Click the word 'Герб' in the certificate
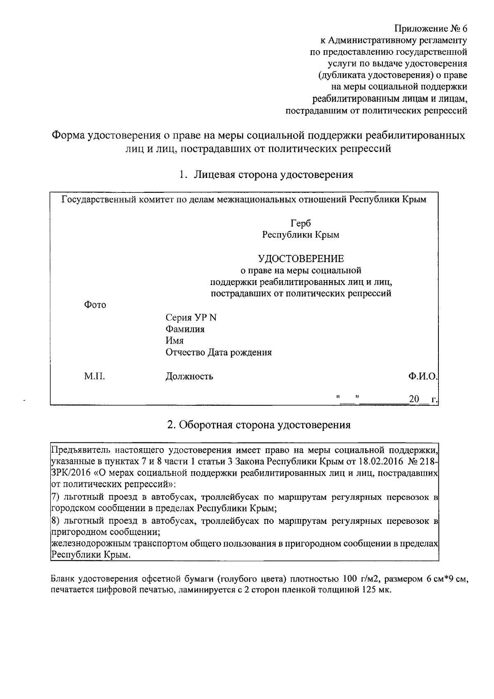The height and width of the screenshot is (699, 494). pos(301,223)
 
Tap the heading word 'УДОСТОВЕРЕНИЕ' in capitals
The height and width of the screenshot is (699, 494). pos(301,259)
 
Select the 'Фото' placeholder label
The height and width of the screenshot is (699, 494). pos(95,305)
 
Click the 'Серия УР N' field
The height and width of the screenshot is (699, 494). pos(191,318)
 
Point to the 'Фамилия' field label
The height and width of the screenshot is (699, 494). pos(185,329)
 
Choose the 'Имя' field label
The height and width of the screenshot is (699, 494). pos(175,341)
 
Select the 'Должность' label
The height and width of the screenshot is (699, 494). pos(189,376)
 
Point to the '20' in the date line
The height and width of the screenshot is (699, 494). pos(414,399)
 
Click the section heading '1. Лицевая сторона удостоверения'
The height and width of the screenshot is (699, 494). pos(266,175)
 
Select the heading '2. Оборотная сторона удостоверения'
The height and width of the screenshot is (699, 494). pos(259,425)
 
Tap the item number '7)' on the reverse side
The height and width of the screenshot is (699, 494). pos(55,497)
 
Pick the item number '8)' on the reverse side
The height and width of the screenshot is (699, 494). pos(55,521)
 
